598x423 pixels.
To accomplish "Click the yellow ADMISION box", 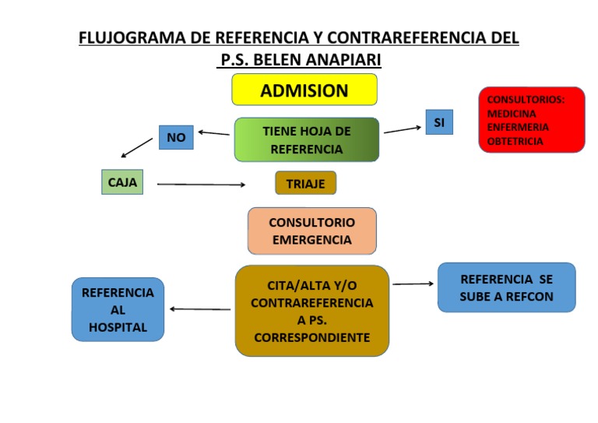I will pyautogui.click(x=304, y=90).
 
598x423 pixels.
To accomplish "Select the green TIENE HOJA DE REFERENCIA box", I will pyautogui.click(x=307, y=140).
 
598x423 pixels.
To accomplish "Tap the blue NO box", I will pyautogui.click(x=176, y=138).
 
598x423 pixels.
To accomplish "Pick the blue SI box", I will pyautogui.click(x=439, y=122).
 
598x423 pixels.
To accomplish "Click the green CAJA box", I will pyautogui.click(x=122, y=182).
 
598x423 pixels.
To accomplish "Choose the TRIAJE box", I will pyautogui.click(x=305, y=183).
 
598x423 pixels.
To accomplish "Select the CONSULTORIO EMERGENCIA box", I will pyautogui.click(x=311, y=231).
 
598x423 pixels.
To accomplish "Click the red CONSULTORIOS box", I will pyautogui.click(x=531, y=119).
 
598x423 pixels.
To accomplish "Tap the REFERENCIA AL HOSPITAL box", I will pyautogui.click(x=118, y=309).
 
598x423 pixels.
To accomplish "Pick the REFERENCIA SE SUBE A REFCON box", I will pyautogui.click(x=506, y=287).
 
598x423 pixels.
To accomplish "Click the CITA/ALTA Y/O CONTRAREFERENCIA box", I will pyautogui.click(x=311, y=311).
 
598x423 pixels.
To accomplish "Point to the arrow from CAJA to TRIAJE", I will pyautogui.click(x=201, y=185).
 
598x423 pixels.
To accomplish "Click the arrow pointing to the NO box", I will pyautogui.click(x=213, y=133).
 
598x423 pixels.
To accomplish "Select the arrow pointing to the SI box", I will pyautogui.click(x=403, y=129).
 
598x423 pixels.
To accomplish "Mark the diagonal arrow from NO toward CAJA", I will pyautogui.click(x=137, y=148).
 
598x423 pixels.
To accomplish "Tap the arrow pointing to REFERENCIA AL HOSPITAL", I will pyautogui.click(x=199, y=309).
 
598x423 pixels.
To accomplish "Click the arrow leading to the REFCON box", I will pyautogui.click(x=413, y=284).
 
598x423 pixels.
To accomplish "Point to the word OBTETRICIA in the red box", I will pyautogui.click(x=515, y=141).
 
